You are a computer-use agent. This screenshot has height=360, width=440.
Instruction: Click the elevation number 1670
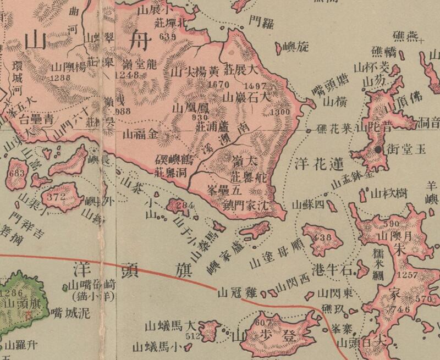tap(219, 85)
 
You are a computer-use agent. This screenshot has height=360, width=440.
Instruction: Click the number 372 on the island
tap(56, 196)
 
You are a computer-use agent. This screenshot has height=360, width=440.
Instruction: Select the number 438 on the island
tap(320, 238)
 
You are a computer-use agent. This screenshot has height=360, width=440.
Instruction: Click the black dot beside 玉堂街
tap(378, 149)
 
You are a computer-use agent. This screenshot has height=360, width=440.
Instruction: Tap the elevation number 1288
tap(61, 79)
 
